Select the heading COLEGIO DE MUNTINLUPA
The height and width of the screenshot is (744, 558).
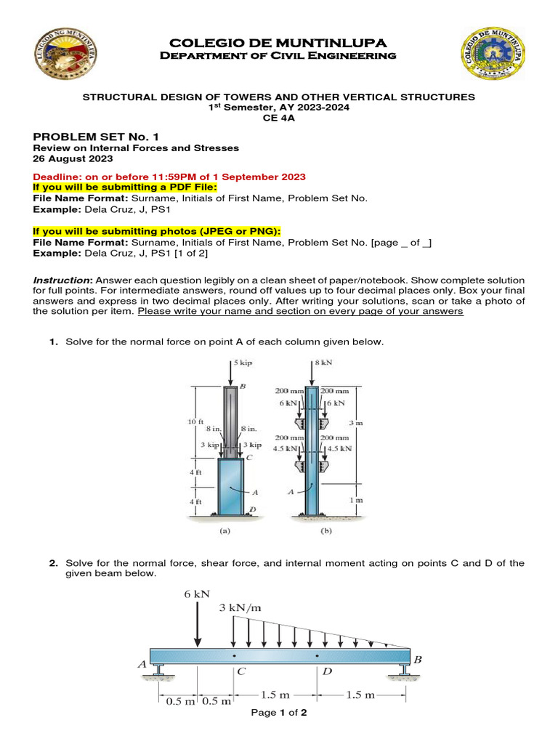click(278, 44)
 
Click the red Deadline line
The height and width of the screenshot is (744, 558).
click(169, 177)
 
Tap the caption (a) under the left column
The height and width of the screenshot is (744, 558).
click(225, 531)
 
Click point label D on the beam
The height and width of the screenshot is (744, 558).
click(327, 672)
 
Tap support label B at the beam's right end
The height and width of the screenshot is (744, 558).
click(417, 660)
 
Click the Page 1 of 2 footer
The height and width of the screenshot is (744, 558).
click(279, 713)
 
